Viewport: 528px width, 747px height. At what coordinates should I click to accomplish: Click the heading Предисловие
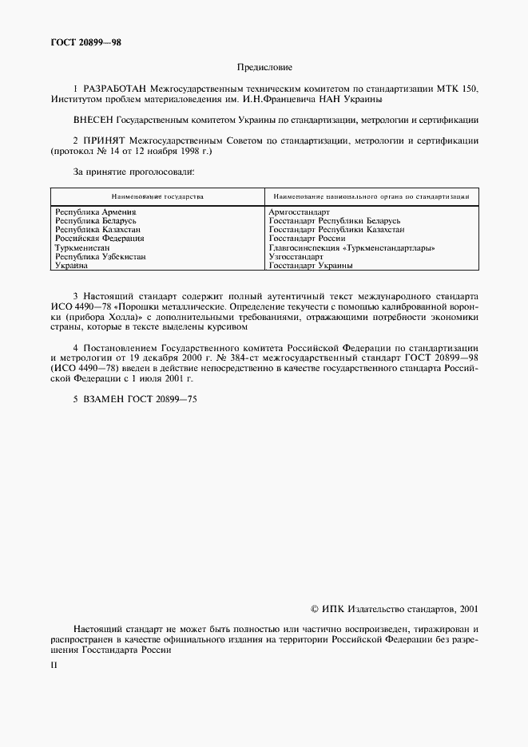[264, 68]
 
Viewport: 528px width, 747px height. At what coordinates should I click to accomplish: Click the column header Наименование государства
[157, 196]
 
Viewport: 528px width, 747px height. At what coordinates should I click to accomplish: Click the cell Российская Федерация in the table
[99, 239]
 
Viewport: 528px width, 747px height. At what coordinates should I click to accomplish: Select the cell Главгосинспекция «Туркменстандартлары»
[351, 248]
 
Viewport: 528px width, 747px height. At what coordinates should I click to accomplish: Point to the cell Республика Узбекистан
[100, 257]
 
